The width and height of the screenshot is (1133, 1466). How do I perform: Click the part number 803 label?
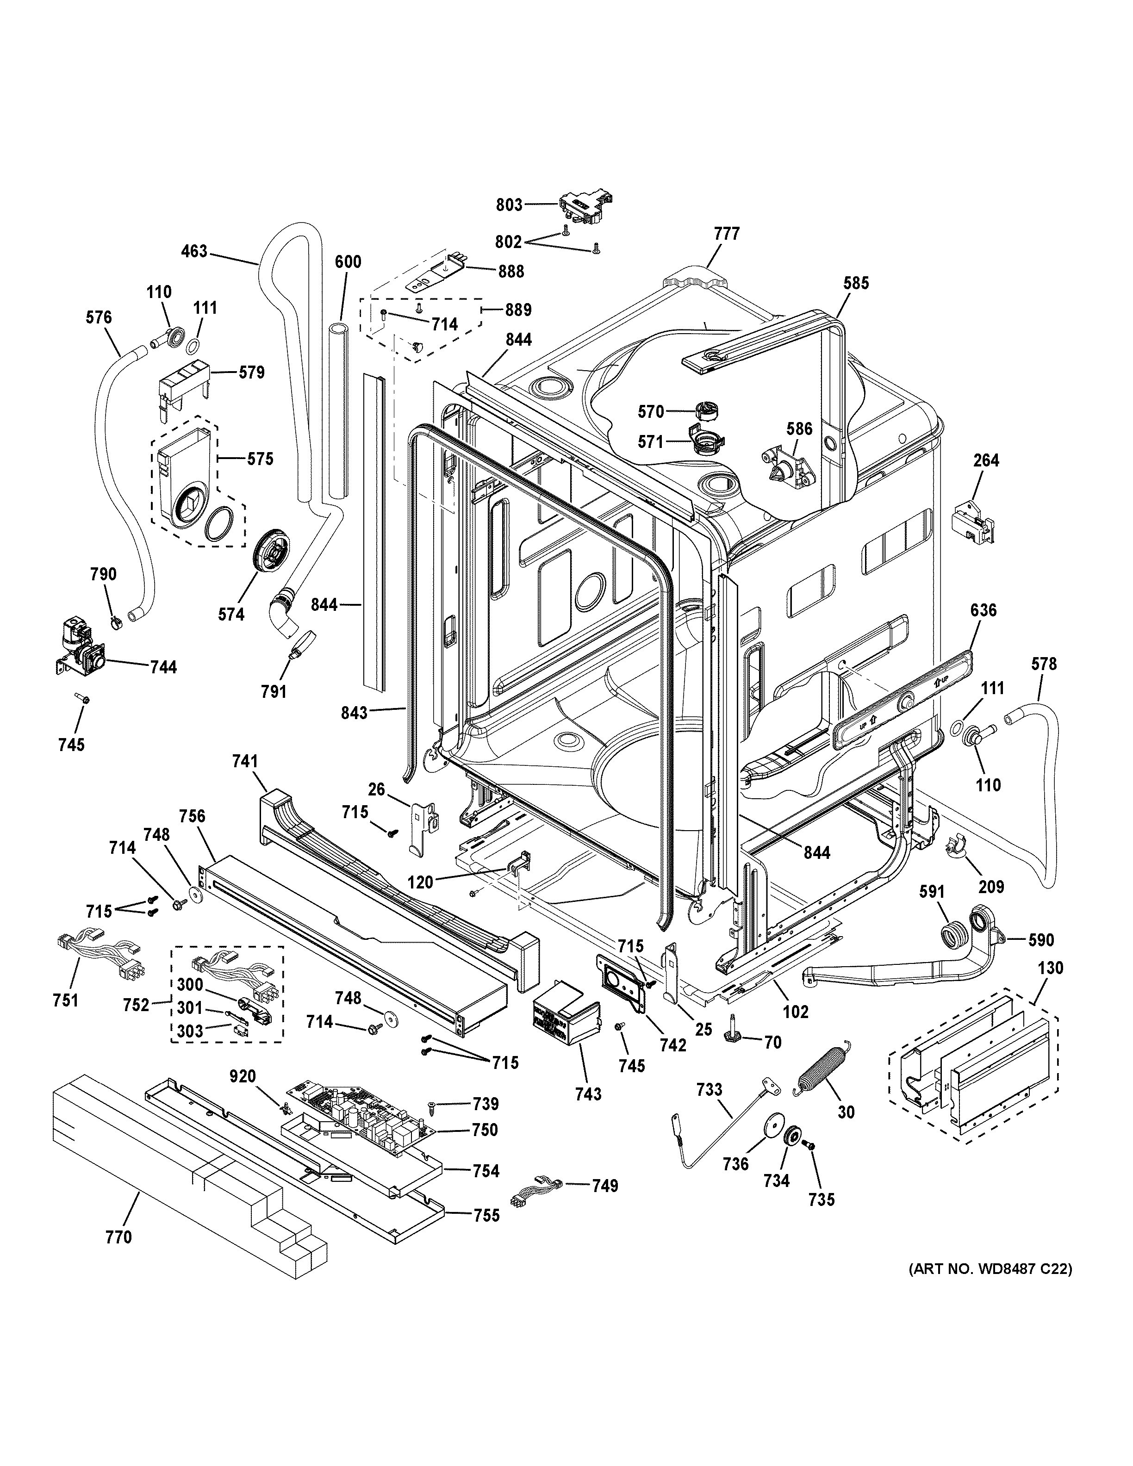pyautogui.click(x=509, y=204)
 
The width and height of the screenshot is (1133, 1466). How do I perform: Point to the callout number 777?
pyautogui.click(x=726, y=234)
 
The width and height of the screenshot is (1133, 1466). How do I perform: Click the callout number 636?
pyautogui.click(x=984, y=610)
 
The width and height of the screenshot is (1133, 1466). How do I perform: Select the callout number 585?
pyautogui.click(x=856, y=283)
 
